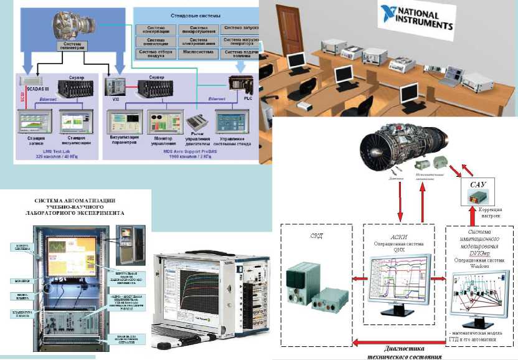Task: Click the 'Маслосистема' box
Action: pos(199,52)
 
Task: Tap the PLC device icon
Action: pos(238,83)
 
